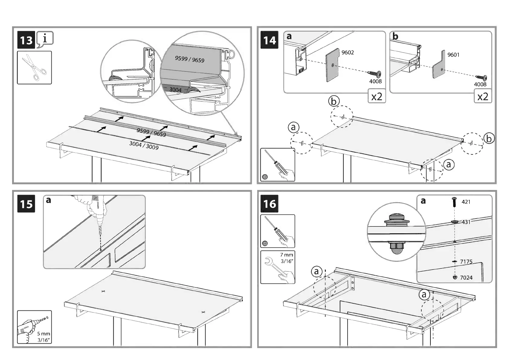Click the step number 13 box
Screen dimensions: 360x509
[26, 40]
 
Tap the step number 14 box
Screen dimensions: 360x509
[270, 40]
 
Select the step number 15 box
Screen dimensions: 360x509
[26, 204]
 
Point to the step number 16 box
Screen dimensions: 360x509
[269, 204]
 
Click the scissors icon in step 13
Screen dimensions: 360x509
[34, 67]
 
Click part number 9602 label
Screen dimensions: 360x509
[348, 53]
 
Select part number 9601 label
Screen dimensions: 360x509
[453, 55]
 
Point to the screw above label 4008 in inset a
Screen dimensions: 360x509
[374, 73]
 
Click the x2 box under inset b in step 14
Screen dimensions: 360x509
[483, 96]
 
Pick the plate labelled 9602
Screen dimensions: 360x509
[332, 65]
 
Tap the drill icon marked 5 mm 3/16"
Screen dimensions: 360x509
[34, 327]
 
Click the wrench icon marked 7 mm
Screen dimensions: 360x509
[277, 267]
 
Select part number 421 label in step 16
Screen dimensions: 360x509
[466, 202]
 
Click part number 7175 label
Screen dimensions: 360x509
[466, 262]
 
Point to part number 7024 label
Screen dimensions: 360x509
[466, 278]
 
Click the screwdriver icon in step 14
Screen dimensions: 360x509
[277, 164]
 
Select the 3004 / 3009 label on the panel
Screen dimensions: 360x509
[144, 145]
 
